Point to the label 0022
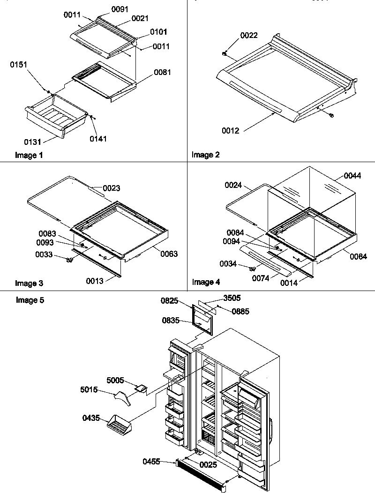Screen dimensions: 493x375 (x=249, y=36)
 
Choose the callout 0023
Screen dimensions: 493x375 (x=112, y=188)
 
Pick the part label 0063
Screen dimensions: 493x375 (x=169, y=254)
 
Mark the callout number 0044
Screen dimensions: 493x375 (x=352, y=176)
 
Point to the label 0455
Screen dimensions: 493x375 (x=152, y=462)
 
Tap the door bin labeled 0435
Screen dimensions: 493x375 (x=120, y=425)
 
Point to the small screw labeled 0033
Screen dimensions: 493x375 (x=70, y=261)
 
